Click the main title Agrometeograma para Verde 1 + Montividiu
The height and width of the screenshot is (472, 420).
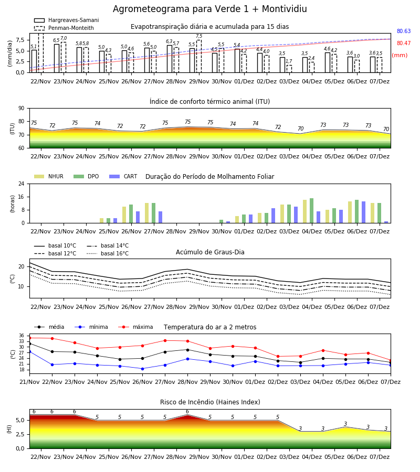coord(209,9)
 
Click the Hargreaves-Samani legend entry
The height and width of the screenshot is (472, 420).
coord(66,20)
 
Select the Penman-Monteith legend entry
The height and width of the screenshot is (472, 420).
coord(64,28)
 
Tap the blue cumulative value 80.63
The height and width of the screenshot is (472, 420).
coord(404,31)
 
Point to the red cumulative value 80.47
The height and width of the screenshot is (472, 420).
coord(404,43)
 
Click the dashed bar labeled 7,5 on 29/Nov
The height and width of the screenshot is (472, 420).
coord(199,56)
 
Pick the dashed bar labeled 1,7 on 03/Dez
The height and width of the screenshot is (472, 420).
coord(289,69)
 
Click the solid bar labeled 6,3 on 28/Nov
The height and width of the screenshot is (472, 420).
coord(170,59)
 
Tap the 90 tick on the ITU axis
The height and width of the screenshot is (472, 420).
coord(22,109)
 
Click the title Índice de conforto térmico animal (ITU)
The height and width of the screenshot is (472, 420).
coord(209,101)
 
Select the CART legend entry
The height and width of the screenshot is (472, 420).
coord(123,176)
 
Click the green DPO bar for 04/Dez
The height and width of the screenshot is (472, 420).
coord(311,211)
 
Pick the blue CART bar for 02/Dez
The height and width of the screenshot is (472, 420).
coord(274,216)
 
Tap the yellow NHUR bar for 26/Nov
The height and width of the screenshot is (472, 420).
coord(124,215)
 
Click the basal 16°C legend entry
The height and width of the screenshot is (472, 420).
coord(108,253)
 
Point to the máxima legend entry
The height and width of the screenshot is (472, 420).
coord(135,327)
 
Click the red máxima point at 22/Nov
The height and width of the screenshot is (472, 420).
coord(52,338)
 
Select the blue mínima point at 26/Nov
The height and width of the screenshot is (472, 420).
coord(142,369)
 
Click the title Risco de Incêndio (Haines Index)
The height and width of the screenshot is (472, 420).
coord(210,402)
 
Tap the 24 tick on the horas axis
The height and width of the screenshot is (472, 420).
coord(22,184)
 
